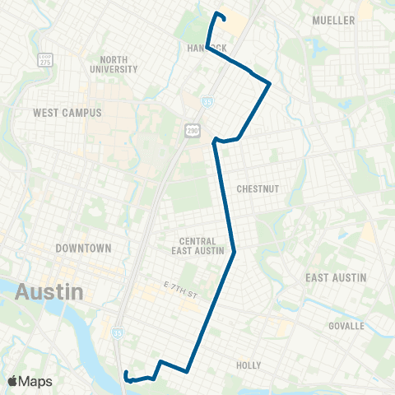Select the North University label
pos(118,64)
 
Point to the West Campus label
pos(67,112)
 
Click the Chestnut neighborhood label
pos(258,188)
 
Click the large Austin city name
pos(49,291)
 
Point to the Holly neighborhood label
pos(248,365)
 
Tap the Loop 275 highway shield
pos(46,61)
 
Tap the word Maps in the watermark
pos(38,381)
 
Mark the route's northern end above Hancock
pos(217,14)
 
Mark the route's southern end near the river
pos(126,375)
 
